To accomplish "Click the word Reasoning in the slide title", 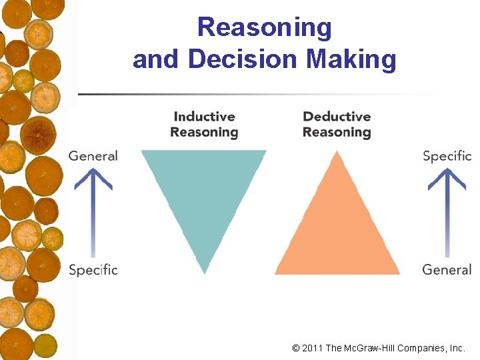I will pyautogui.click(x=264, y=28).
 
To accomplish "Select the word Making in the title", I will pyautogui.click(x=351, y=59).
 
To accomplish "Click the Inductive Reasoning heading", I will pyautogui.click(x=204, y=125).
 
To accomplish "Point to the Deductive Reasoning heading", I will pyautogui.click(x=337, y=125).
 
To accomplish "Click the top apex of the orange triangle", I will pyautogui.click(x=337, y=153).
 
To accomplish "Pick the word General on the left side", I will pyautogui.click(x=93, y=156).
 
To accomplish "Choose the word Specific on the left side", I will pyautogui.click(x=93, y=270).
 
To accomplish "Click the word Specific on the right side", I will pyautogui.click(x=447, y=156).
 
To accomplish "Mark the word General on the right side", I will pyautogui.click(x=447, y=269).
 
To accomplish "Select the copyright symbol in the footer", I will pyautogui.click(x=296, y=348).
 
